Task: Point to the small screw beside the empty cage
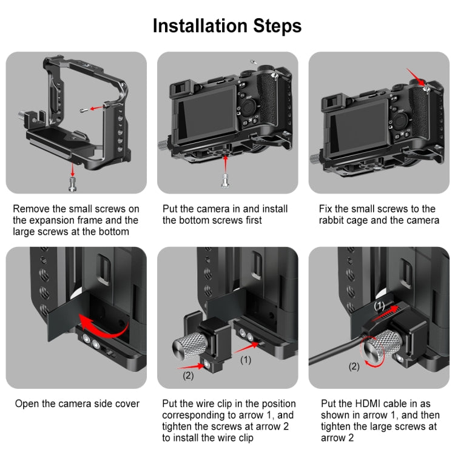coord(84,110)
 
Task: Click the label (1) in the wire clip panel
coord(246,360)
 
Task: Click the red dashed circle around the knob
coord(372,349)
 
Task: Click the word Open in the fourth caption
coord(26,403)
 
